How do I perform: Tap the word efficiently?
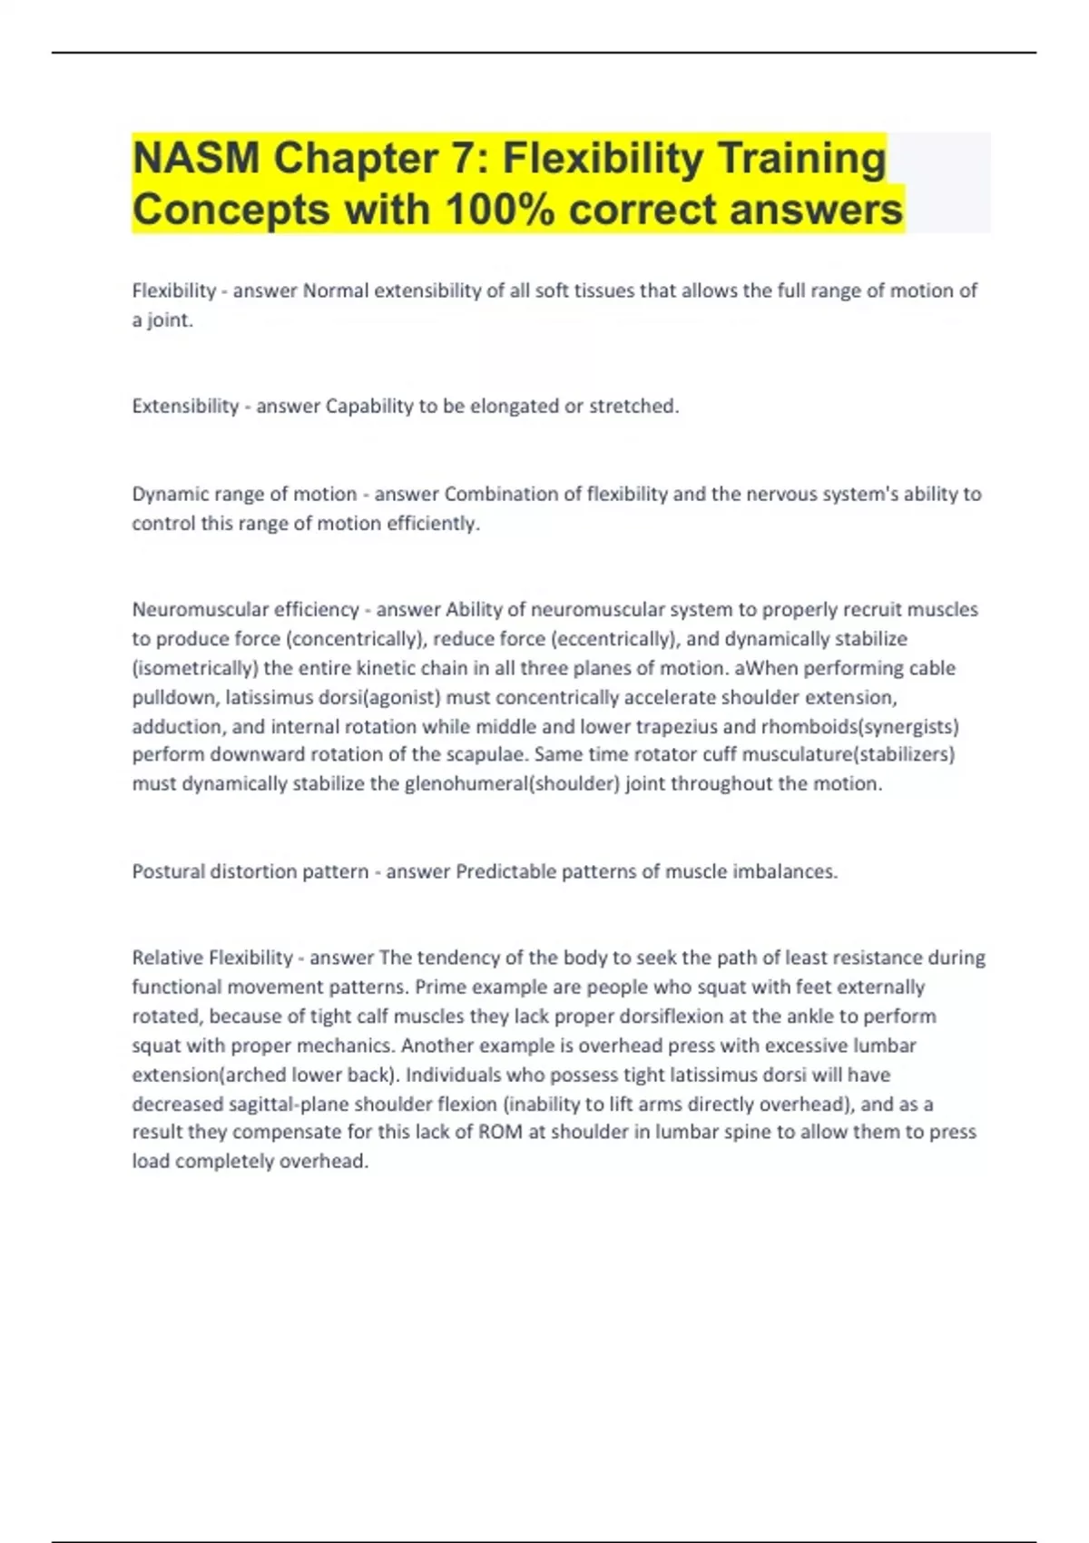pyautogui.click(x=433, y=523)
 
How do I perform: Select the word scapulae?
pyautogui.click(x=487, y=754)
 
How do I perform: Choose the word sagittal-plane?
pyautogui.click(x=286, y=1104)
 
